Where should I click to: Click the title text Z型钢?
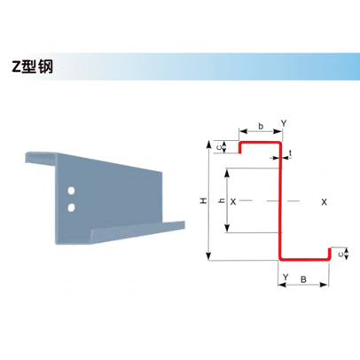tap(33, 67)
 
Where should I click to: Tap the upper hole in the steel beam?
tap(71, 191)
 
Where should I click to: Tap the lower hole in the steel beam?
tap(71, 207)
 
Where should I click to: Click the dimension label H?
tap(204, 201)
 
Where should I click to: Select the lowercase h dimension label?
tap(221, 201)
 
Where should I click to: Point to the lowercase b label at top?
tap(261, 126)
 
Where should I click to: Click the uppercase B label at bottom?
tap(303, 279)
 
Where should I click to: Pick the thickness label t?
tap(291, 153)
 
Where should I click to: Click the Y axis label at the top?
tap(284, 123)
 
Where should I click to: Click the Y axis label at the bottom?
tap(286, 277)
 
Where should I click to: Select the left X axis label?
tap(233, 202)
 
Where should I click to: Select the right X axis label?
tap(325, 202)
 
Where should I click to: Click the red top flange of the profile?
tap(260, 143)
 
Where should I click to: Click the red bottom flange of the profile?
tap(304, 260)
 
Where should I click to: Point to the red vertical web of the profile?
tap(279, 201)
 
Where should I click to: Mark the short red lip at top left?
tap(240, 147)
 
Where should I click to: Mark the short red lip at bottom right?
tap(329, 254)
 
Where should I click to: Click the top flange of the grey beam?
tap(41, 157)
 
